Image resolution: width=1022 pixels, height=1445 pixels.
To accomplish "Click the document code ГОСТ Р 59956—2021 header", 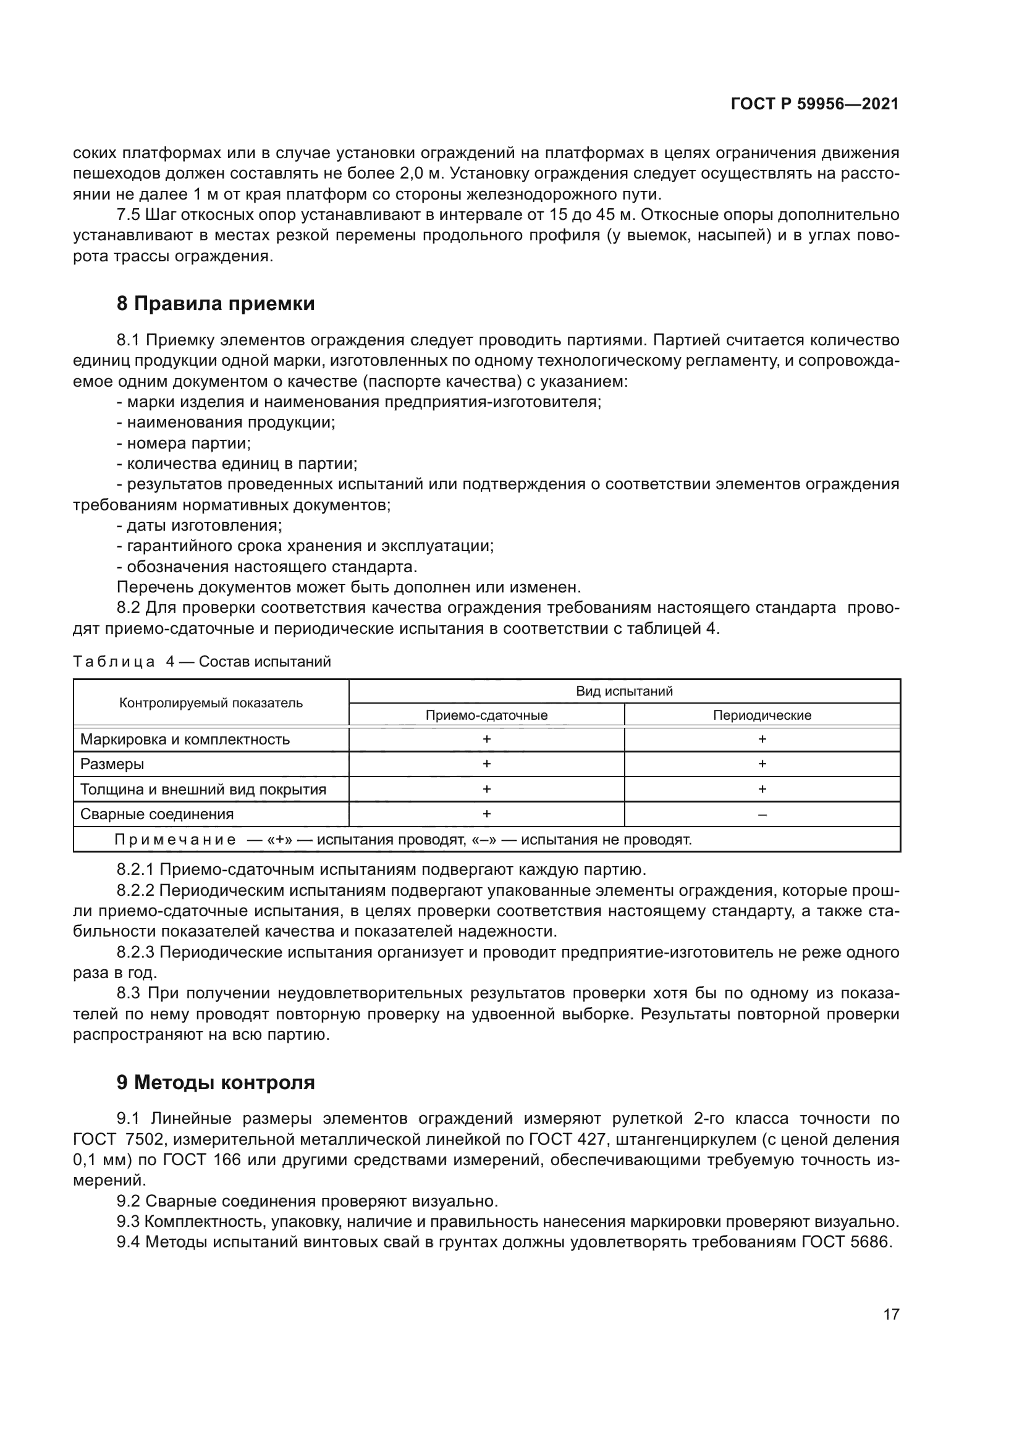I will click(x=814, y=104).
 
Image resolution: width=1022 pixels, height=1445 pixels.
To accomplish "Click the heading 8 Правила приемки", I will click(x=216, y=304).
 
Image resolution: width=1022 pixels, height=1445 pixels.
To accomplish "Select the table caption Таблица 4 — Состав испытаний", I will click(x=201, y=662).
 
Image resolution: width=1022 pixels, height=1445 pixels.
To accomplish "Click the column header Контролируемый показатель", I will click(x=211, y=703).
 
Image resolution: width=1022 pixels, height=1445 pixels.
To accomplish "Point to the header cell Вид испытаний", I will click(x=624, y=691).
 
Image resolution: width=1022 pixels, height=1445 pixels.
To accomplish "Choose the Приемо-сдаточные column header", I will click(x=486, y=715).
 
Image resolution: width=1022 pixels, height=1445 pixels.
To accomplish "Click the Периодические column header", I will click(x=762, y=715).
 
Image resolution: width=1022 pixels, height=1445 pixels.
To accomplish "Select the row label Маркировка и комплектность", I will click(x=185, y=739).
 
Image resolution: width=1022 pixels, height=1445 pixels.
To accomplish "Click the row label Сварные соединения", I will click(x=157, y=814).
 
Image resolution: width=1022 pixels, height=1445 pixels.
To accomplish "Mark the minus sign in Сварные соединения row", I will click(x=762, y=814).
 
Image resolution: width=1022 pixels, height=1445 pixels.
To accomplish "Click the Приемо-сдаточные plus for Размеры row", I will click(x=486, y=764).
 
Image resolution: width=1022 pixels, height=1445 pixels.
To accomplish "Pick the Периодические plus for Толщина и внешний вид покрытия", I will click(x=762, y=789).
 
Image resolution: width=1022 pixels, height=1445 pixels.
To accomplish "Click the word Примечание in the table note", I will click(x=175, y=840).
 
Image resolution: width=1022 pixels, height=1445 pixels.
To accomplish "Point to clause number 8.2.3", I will click(x=135, y=952).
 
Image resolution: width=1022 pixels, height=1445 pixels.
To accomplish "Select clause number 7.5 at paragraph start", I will click(x=128, y=215).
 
